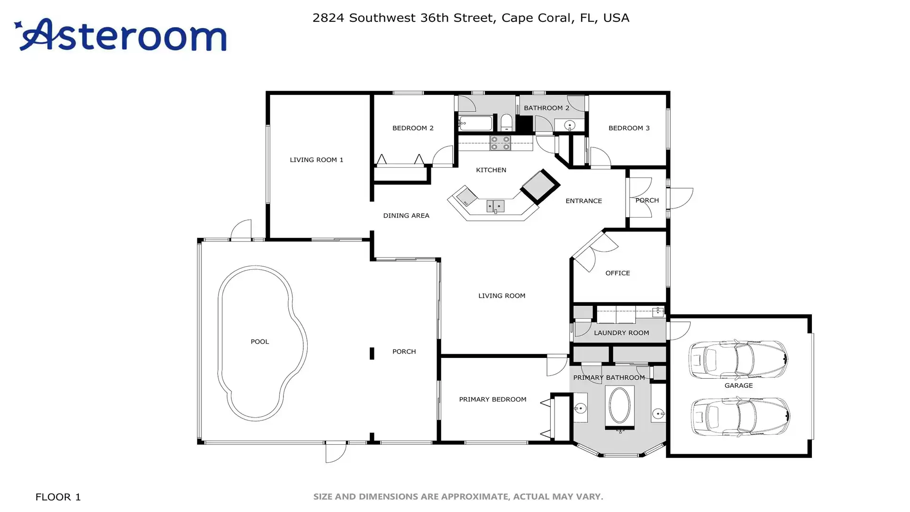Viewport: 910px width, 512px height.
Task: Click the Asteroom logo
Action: click(x=120, y=35)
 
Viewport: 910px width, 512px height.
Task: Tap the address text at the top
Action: click(x=471, y=18)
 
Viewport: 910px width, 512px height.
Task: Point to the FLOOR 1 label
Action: click(x=58, y=497)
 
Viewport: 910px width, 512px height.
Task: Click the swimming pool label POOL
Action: click(x=260, y=341)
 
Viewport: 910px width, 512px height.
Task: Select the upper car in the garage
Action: click(x=738, y=359)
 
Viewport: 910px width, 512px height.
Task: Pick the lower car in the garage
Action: click(x=740, y=416)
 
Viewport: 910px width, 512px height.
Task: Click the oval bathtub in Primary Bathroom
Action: click(x=619, y=405)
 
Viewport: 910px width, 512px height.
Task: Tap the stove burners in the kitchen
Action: click(x=500, y=143)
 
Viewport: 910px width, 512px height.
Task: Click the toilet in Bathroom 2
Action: click(x=507, y=122)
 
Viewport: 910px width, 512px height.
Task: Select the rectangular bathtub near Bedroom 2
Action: click(x=475, y=123)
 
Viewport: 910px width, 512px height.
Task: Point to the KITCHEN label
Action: click(x=491, y=170)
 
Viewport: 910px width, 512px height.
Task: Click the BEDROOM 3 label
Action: click(x=629, y=128)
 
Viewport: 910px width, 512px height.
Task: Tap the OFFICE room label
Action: click(x=618, y=273)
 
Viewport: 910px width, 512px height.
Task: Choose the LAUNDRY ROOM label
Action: click(x=621, y=333)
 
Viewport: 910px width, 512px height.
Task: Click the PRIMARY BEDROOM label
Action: click(x=492, y=399)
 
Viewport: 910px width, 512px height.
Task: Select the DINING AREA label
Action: click(x=406, y=215)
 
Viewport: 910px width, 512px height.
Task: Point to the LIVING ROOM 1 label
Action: click(x=316, y=160)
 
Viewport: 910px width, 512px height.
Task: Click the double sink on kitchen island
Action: click(x=495, y=206)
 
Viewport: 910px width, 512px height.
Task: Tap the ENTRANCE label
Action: click(x=583, y=201)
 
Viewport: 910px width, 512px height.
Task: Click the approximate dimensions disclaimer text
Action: click(x=458, y=497)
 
